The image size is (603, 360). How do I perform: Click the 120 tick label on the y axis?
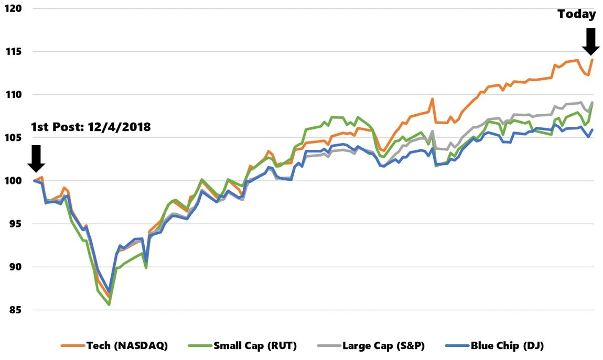pyautogui.click(x=12, y=9)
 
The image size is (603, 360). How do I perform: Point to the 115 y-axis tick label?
pyautogui.click(x=12, y=52)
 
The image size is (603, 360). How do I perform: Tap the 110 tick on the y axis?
pyautogui.click(x=12, y=95)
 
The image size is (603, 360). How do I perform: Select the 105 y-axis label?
pyautogui.click(x=12, y=138)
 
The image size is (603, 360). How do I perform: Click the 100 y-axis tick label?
pyautogui.click(x=12, y=181)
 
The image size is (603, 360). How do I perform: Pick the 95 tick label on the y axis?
pyautogui.click(x=12, y=224)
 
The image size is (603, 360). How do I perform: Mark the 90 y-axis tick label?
pyautogui.click(x=12, y=267)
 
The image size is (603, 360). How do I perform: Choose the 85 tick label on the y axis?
pyautogui.click(x=12, y=310)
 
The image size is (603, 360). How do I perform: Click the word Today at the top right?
pyautogui.click(x=577, y=14)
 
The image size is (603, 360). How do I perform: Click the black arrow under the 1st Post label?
pyautogui.click(x=36, y=158)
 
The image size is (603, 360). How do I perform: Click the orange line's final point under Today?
pyautogui.click(x=592, y=60)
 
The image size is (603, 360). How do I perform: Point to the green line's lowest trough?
pyautogui.click(x=109, y=304)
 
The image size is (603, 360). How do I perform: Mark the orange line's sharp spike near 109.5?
pyautogui.click(x=433, y=99)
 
